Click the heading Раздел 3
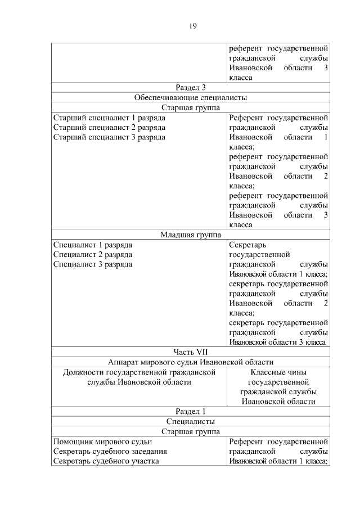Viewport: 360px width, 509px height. tap(191, 87)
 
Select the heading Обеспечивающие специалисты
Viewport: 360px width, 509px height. tap(191, 97)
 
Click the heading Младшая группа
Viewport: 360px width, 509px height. tap(191, 235)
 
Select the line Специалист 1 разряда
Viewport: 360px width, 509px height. tap(93, 245)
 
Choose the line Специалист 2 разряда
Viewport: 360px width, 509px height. tap(93, 255)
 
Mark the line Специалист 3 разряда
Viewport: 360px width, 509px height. tap(93, 264)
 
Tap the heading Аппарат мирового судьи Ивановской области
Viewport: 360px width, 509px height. tap(191, 362)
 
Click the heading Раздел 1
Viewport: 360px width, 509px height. tap(191, 411)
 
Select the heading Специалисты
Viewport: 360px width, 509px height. tap(191, 421)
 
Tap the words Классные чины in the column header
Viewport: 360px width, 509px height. tap(278, 372)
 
